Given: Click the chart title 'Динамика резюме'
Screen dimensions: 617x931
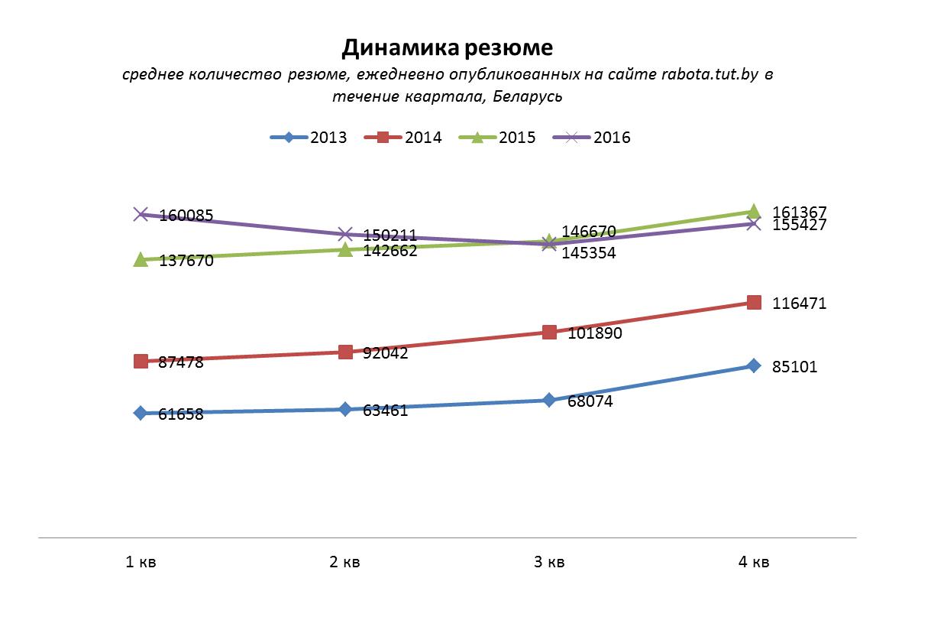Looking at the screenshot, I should [447, 48].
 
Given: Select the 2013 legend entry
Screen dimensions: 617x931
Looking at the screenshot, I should [309, 138].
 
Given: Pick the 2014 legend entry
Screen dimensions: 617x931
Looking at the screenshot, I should [403, 138].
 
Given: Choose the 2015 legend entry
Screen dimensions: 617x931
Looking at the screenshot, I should [497, 138].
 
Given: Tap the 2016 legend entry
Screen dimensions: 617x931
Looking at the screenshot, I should [592, 138].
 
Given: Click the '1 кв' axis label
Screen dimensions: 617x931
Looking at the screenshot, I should [141, 562].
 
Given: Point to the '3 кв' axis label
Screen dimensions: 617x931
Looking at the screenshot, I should [549, 562].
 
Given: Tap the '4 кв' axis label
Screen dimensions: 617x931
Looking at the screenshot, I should [754, 562].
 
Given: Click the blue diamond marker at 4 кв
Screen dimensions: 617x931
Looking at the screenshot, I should [754, 365].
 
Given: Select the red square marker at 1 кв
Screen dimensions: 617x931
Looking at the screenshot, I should [141, 361].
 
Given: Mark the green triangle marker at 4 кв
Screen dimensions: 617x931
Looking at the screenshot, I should [754, 211].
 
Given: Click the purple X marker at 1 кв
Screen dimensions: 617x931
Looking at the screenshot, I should [141, 214].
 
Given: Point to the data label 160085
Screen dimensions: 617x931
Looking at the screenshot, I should [186, 216].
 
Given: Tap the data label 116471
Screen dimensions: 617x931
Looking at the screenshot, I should [800, 304].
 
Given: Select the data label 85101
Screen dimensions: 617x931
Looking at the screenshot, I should [795, 367].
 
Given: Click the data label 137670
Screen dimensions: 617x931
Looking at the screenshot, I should [186, 261].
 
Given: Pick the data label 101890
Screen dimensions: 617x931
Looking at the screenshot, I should [595, 333].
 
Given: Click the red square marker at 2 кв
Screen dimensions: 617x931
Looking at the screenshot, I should [345, 352].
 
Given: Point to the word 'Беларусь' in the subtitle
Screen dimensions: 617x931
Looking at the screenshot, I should [528, 96].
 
